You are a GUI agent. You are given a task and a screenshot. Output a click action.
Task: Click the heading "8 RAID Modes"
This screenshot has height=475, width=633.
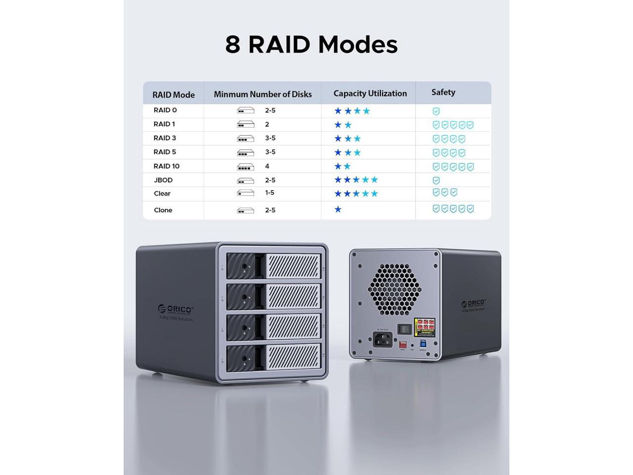coord(312,44)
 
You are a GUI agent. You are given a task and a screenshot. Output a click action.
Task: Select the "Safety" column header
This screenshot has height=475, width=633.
coord(443,92)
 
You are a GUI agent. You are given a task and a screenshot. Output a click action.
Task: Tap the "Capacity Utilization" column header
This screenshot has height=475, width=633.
coord(370,94)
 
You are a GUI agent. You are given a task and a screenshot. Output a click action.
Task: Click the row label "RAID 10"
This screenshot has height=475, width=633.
coord(166,166)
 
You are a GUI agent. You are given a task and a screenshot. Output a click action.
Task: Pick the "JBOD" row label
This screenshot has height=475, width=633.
coord(163,180)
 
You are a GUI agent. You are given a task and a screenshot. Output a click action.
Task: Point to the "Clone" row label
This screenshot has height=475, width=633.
coord(163,210)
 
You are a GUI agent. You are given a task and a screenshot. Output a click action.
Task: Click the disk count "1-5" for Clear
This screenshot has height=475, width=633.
coord(270,193)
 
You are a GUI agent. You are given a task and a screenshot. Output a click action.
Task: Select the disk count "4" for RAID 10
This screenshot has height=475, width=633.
coord(267,166)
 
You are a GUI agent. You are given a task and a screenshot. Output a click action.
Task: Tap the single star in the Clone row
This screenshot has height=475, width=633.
coord(338,209)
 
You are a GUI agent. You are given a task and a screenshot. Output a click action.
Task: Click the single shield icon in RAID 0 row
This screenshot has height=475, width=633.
coord(436,111)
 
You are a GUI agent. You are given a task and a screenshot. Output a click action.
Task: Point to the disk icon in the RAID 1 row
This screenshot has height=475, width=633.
coord(245,125)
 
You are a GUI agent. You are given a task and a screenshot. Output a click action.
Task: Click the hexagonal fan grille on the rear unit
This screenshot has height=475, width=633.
coord(394,289)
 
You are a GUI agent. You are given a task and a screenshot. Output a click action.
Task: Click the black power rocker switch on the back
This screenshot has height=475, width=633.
coord(406,329)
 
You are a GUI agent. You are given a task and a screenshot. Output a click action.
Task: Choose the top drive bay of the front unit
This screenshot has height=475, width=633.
coord(273,266)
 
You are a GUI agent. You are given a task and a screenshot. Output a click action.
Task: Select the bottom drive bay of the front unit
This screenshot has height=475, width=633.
coord(273,359)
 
